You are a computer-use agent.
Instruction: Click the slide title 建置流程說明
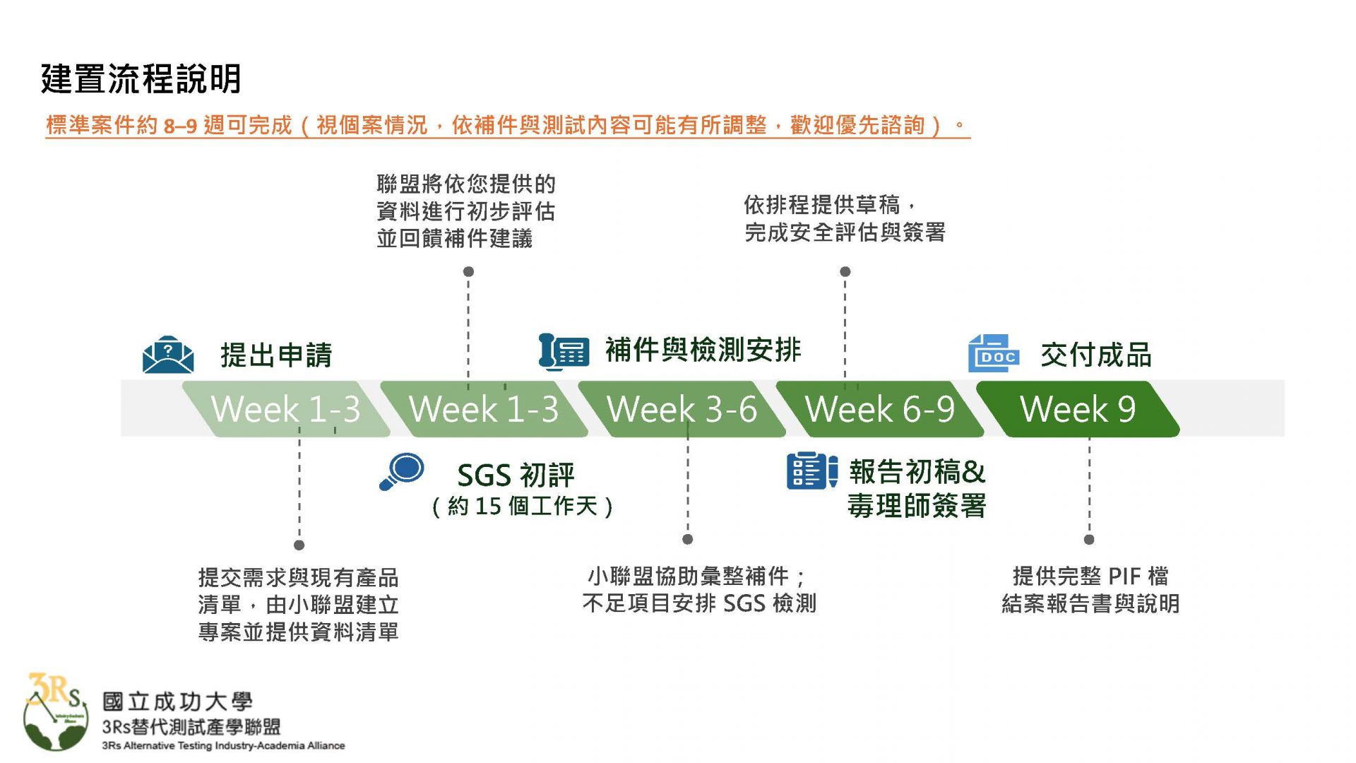(141, 78)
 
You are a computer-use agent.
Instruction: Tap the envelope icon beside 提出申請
(168, 354)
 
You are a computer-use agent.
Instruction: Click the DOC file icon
(993, 353)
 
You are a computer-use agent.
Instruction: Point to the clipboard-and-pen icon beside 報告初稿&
(811, 471)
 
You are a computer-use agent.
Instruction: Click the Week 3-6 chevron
(682, 409)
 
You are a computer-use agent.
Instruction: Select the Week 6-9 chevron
(879, 409)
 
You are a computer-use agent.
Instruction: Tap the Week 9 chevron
(1078, 409)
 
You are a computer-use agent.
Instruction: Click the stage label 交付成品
(1095, 355)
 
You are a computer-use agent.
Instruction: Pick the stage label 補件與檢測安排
(703, 350)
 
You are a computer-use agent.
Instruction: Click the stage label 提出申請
(276, 355)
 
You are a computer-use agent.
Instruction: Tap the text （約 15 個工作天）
(522, 506)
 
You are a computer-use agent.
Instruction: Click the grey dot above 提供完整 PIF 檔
(1089, 540)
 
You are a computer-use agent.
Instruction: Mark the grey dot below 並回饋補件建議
(468, 271)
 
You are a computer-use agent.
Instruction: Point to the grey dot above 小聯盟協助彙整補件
(688, 540)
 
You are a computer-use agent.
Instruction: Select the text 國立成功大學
(177, 702)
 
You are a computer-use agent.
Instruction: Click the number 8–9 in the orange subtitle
(180, 126)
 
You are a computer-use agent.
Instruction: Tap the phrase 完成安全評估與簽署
(845, 232)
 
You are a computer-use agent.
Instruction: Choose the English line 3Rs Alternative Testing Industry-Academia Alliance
(223, 745)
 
